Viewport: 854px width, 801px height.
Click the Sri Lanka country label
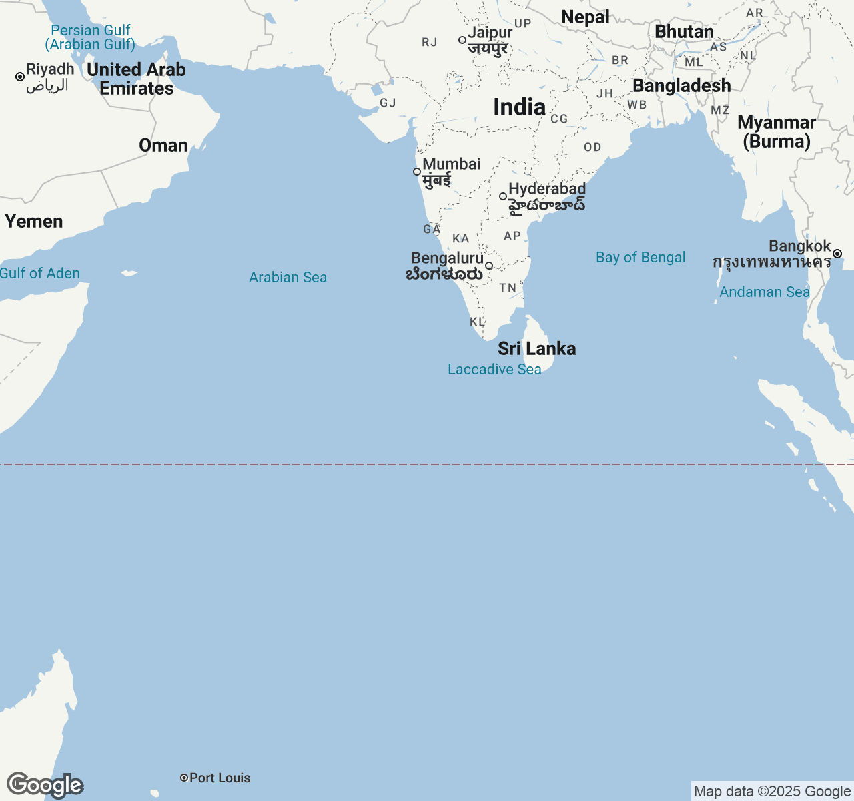pyautogui.click(x=536, y=348)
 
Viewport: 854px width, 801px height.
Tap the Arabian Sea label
pyautogui.click(x=288, y=277)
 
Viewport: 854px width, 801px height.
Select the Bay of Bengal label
pyautogui.click(x=640, y=257)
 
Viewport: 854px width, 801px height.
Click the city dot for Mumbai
pyautogui.click(x=417, y=172)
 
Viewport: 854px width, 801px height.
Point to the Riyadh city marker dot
pyautogui.click(x=20, y=77)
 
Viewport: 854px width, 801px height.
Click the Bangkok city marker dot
pyautogui.click(x=837, y=254)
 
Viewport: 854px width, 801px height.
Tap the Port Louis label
pyautogui.click(x=220, y=778)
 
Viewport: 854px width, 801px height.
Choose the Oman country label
pyautogui.click(x=163, y=145)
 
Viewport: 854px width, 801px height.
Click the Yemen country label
pyautogui.click(x=34, y=221)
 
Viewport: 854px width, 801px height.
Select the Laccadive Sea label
pyautogui.click(x=494, y=369)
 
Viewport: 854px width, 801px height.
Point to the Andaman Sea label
pyautogui.click(x=764, y=292)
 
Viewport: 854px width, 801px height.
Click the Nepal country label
pyautogui.click(x=585, y=17)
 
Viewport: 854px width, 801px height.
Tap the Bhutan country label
pyautogui.click(x=684, y=31)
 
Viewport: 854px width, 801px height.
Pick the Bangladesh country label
pyautogui.click(x=681, y=85)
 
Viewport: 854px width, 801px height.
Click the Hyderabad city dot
pyautogui.click(x=503, y=196)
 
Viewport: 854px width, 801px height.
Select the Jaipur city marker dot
pyautogui.click(x=462, y=40)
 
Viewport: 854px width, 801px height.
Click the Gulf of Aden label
pyautogui.click(x=40, y=273)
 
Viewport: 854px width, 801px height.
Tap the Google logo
pyautogui.click(x=45, y=785)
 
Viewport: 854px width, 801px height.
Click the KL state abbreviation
pyautogui.click(x=477, y=322)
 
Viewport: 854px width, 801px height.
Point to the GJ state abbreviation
pyautogui.click(x=388, y=103)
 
